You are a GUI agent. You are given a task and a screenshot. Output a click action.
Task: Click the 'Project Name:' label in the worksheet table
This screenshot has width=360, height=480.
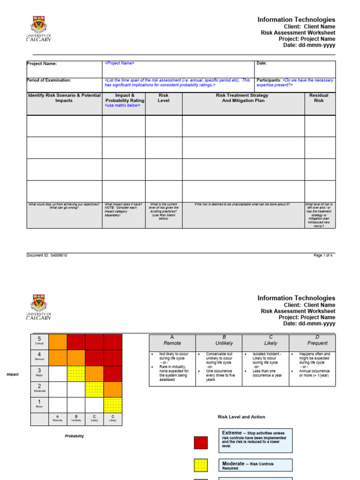click(42, 64)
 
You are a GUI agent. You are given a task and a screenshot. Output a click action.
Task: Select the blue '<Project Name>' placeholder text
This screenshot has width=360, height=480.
click(120, 63)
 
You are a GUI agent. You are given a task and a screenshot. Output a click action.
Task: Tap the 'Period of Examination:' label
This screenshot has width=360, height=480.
click(49, 81)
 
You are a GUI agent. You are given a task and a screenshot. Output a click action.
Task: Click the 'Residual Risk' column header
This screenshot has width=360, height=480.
click(319, 98)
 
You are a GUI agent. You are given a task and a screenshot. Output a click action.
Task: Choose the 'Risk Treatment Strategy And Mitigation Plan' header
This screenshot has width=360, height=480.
click(242, 98)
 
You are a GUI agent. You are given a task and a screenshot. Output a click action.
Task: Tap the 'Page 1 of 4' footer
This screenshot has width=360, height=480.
click(323, 255)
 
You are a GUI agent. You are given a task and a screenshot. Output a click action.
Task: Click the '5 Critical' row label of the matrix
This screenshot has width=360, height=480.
click(39, 341)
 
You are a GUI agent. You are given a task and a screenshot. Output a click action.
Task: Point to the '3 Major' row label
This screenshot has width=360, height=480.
click(39, 373)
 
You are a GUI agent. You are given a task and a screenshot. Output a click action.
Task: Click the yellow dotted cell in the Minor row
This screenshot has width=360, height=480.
click(112, 405)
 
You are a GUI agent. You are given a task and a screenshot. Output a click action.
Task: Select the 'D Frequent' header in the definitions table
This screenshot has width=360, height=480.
click(312, 340)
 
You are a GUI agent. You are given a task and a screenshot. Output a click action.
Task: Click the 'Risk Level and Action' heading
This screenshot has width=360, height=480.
click(241, 417)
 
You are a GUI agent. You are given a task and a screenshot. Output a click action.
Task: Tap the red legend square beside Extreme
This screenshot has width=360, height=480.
click(201, 442)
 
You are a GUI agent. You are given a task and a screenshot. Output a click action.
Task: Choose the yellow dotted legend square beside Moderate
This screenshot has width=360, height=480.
click(201, 465)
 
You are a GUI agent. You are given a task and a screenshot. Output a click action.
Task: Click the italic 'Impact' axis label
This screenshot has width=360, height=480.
click(12, 375)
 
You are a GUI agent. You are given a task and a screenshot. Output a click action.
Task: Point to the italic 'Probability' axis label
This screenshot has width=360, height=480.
click(75, 436)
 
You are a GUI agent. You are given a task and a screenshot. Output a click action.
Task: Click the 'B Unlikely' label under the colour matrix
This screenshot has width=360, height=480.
click(76, 419)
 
